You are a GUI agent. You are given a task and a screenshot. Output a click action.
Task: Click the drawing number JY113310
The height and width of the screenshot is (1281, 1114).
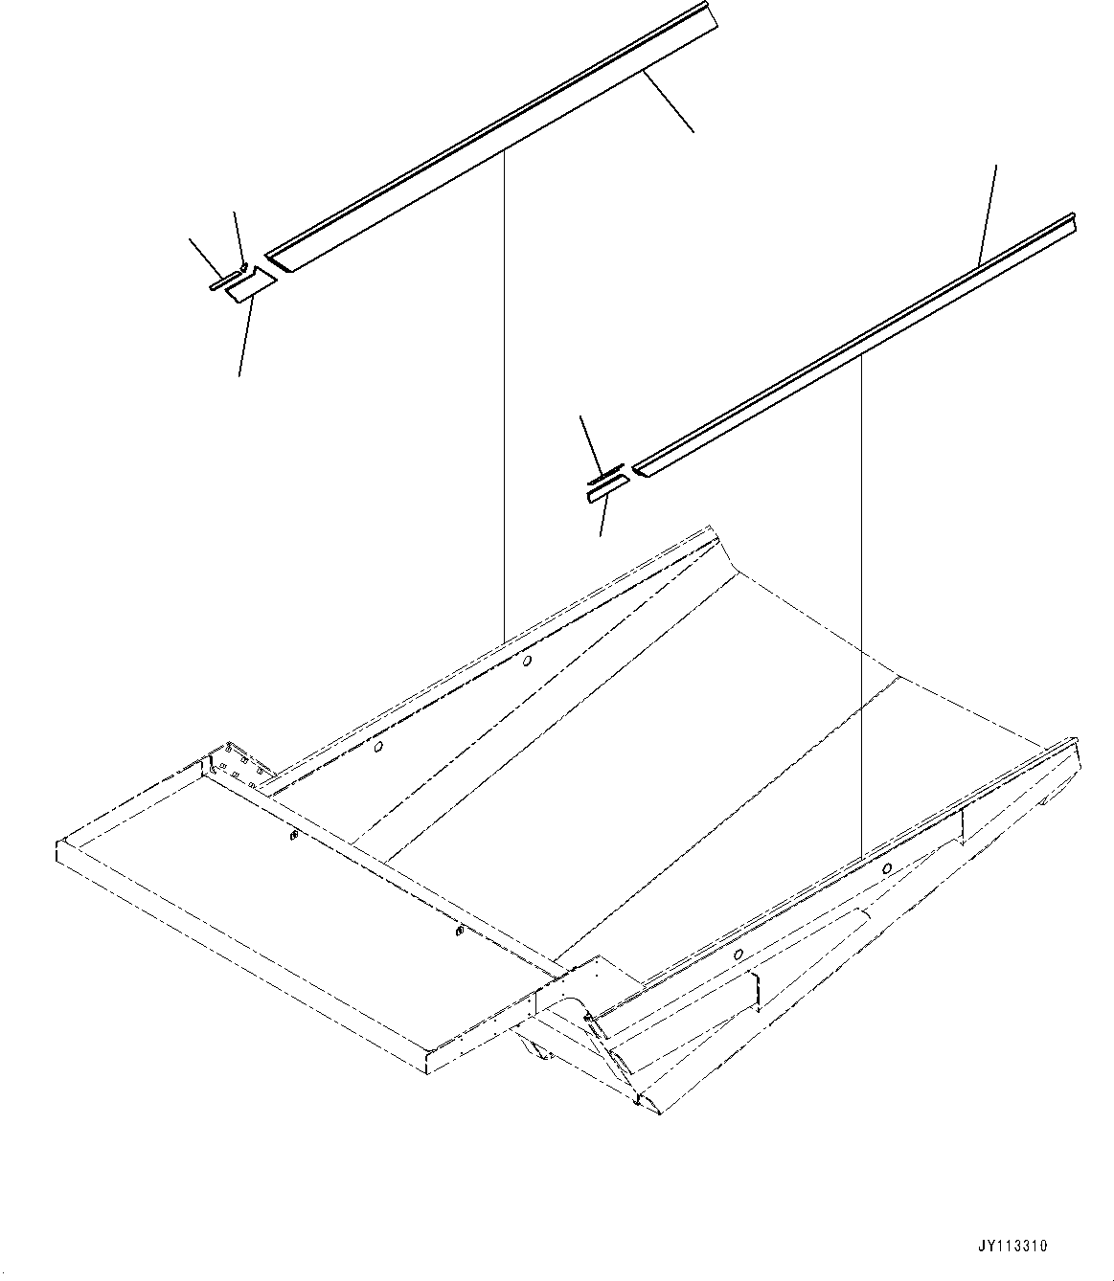pyautogui.click(x=1012, y=1246)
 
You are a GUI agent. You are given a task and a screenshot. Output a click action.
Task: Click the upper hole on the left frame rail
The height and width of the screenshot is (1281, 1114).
pyautogui.click(x=528, y=660)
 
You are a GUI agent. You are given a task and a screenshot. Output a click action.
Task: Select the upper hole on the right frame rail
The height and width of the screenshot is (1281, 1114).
pyautogui.click(x=887, y=868)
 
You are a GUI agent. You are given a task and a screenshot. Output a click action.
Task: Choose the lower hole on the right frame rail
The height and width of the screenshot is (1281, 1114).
pyautogui.click(x=739, y=955)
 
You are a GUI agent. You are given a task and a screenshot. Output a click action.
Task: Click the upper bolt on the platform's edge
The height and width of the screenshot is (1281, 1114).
pyautogui.click(x=291, y=838)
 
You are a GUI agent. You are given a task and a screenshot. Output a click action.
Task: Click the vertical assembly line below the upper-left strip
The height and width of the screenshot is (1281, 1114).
pyautogui.click(x=503, y=402)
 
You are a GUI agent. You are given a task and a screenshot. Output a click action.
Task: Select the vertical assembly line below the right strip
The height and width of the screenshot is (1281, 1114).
pyautogui.click(x=862, y=594)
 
